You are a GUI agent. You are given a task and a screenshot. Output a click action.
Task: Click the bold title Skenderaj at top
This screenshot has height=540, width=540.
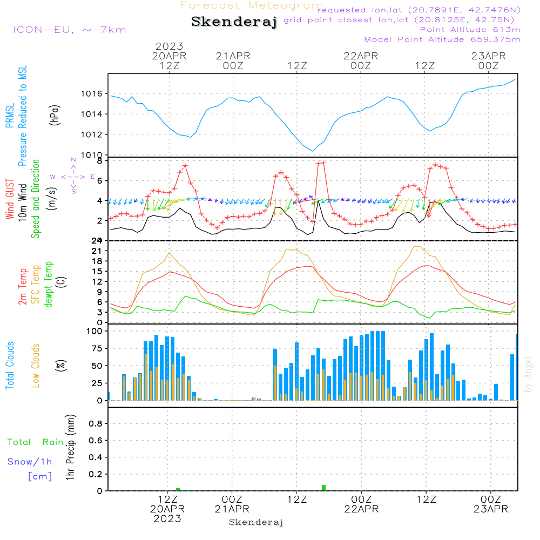pyautogui.click(x=234, y=22)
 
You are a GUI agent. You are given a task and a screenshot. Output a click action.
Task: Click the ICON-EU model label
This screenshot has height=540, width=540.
pyautogui.click(x=69, y=30)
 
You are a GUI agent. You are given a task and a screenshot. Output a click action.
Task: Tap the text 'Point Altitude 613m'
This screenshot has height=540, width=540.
pyautogui.click(x=470, y=30)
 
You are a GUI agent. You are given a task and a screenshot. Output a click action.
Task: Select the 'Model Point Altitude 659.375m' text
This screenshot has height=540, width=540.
pyautogui.click(x=442, y=39)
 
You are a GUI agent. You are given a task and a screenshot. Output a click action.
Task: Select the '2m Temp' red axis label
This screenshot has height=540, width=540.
pyautogui.click(x=23, y=286)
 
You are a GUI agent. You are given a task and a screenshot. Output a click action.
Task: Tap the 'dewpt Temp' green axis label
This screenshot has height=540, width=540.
pyautogui.click(x=49, y=284)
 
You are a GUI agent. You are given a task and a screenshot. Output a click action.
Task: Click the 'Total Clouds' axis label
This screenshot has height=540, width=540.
pyautogui.click(x=10, y=366)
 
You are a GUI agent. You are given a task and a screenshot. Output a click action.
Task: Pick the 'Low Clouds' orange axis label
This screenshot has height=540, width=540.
pyautogui.click(x=36, y=366)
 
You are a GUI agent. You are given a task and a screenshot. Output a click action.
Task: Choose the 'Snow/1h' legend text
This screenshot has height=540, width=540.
pyautogui.click(x=30, y=462)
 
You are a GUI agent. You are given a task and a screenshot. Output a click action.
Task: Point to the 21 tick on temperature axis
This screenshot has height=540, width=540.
pyautogui.click(x=98, y=251)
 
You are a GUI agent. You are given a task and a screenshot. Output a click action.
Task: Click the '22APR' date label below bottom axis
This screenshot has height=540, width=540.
pyautogui.click(x=361, y=509)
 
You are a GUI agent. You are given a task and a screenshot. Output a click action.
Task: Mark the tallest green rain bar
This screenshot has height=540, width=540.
pyautogui.click(x=323, y=488)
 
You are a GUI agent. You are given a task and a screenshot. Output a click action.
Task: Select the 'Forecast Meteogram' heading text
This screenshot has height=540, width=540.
pyautogui.click(x=252, y=5)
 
